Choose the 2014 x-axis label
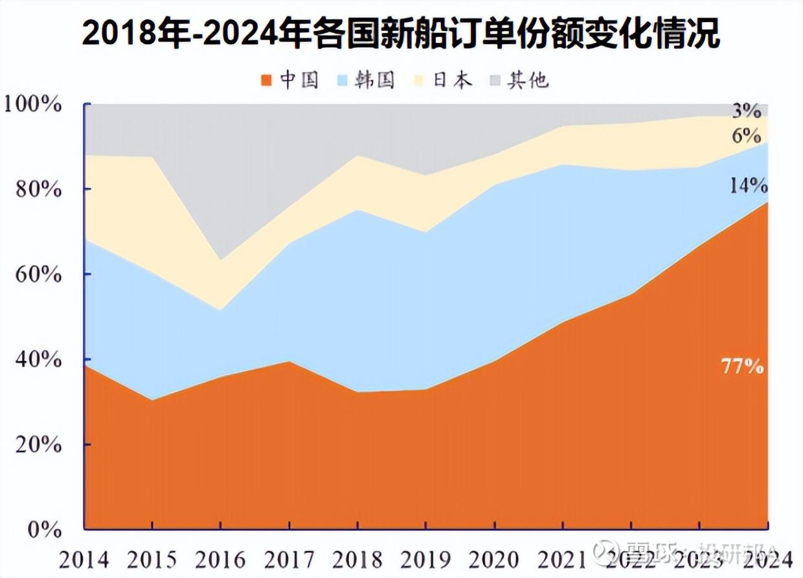click(x=84, y=559)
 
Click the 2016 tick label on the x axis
click(x=221, y=559)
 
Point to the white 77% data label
click(x=743, y=367)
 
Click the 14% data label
click(x=748, y=186)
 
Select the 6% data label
click(x=746, y=135)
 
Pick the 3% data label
click(x=746, y=111)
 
